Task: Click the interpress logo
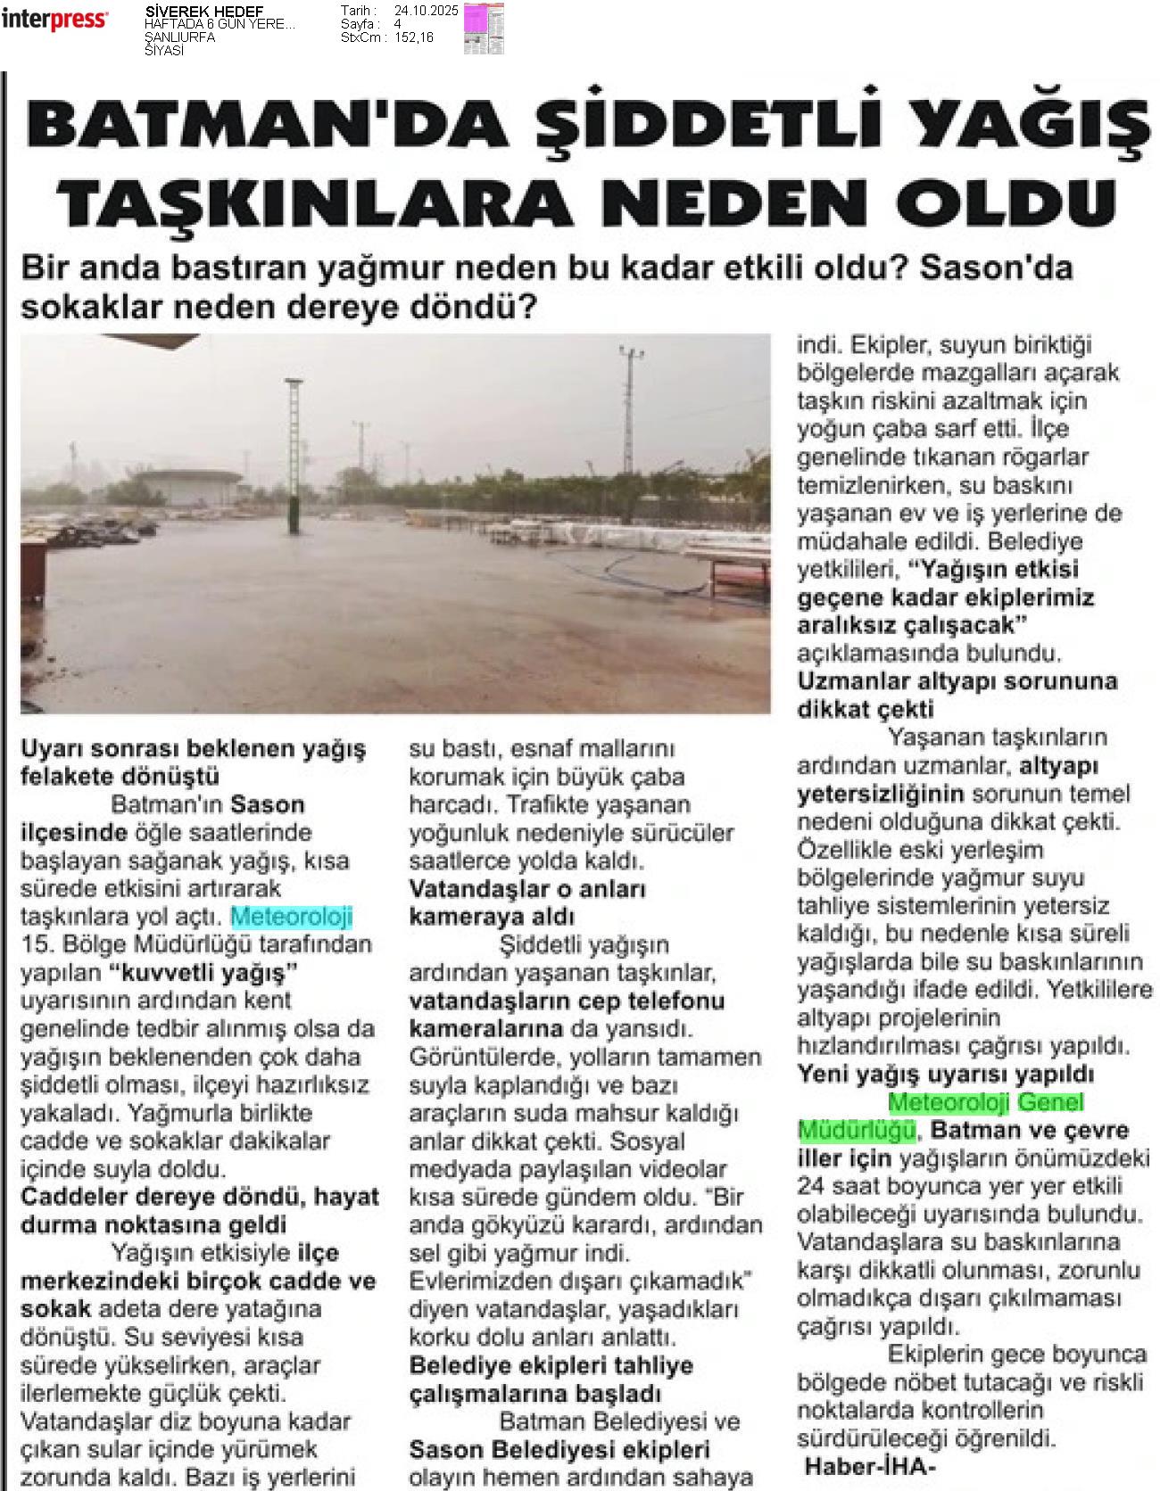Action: click(x=54, y=20)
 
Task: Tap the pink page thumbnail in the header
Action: click(x=483, y=28)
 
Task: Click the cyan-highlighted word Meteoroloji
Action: click(x=292, y=916)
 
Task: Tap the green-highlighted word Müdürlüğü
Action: click(x=856, y=1130)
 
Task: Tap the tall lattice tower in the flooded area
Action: click(x=291, y=455)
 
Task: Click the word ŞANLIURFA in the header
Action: click(x=179, y=37)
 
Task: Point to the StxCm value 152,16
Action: click(x=414, y=37)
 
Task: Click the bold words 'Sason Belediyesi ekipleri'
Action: click(x=559, y=1449)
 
